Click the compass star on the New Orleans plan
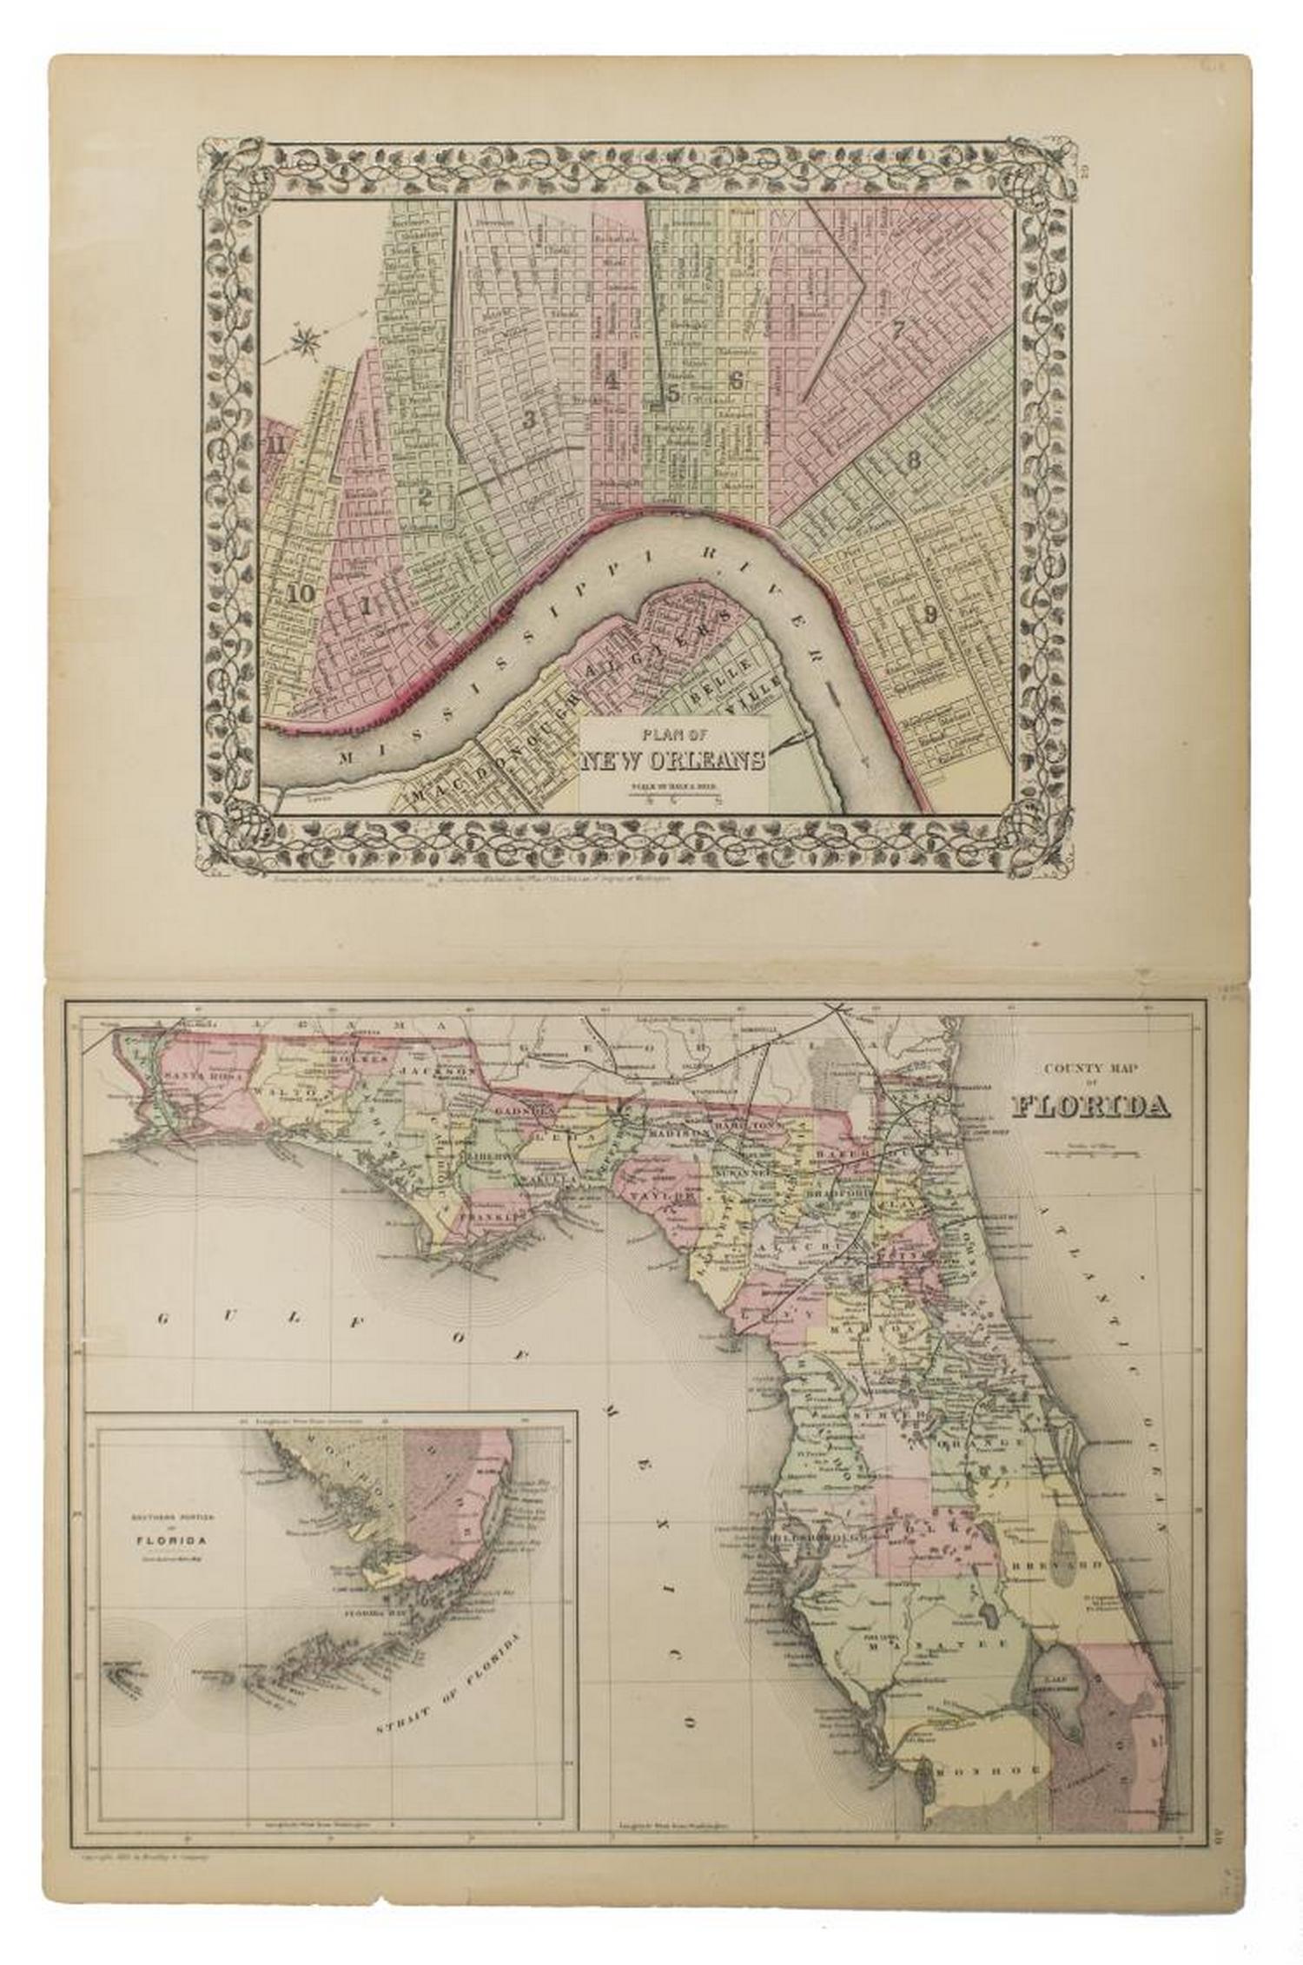point(304,341)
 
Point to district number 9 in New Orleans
point(929,615)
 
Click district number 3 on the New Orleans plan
point(528,420)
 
